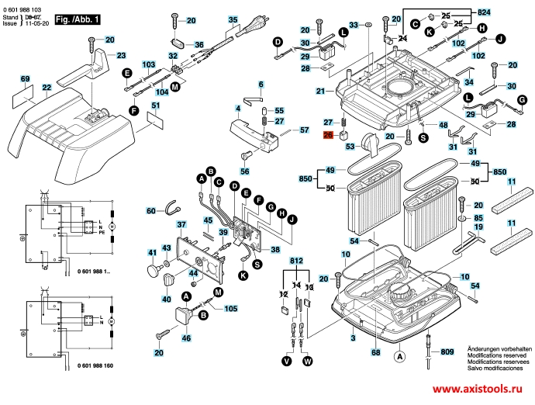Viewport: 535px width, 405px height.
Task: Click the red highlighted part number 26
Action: point(327,135)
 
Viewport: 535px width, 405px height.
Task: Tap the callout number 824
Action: point(484,12)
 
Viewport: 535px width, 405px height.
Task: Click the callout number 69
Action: point(25,80)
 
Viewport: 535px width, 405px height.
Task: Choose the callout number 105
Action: point(231,308)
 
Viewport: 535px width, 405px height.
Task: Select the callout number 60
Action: point(152,210)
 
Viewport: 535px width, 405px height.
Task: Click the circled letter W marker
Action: point(308,361)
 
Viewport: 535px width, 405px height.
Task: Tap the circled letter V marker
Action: point(287,361)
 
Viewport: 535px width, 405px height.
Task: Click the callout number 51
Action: point(156,106)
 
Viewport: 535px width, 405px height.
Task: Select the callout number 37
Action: point(181,225)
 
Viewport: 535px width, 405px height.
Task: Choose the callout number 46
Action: point(185,339)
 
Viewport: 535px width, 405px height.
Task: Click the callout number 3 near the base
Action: point(353,338)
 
